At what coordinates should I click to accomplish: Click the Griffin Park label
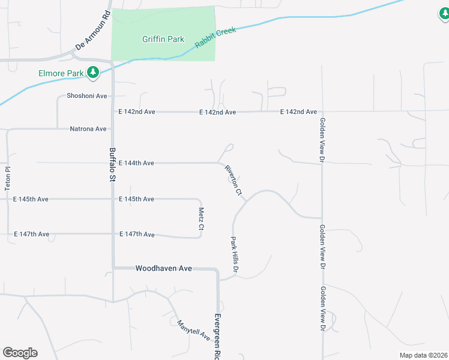[163, 40]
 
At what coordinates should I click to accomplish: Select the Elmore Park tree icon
[92, 73]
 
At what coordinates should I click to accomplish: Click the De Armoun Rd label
[93, 30]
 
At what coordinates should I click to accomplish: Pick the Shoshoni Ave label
[86, 96]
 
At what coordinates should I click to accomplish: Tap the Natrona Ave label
[88, 128]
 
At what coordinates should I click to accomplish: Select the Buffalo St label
[112, 164]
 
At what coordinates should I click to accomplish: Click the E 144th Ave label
[136, 163]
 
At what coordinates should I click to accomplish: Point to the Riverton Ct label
[233, 181]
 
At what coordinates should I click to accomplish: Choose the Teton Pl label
[8, 178]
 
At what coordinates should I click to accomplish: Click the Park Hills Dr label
[235, 256]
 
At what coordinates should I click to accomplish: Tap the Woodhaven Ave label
[163, 268]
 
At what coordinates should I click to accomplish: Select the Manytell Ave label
[193, 330]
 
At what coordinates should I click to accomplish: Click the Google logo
[20, 353]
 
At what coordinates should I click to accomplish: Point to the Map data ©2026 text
[423, 355]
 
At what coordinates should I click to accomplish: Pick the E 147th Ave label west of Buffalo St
[31, 234]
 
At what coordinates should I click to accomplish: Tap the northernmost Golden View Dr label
[322, 140]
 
